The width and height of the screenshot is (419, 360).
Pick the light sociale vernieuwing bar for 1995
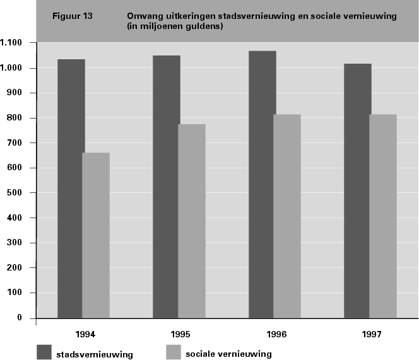coord(192,221)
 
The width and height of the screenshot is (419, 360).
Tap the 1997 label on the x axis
coord(372,332)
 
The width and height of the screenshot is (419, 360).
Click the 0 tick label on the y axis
coord(19,318)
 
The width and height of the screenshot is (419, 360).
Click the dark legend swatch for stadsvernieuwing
coord(44,352)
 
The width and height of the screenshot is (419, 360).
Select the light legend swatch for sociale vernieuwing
coord(172,352)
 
